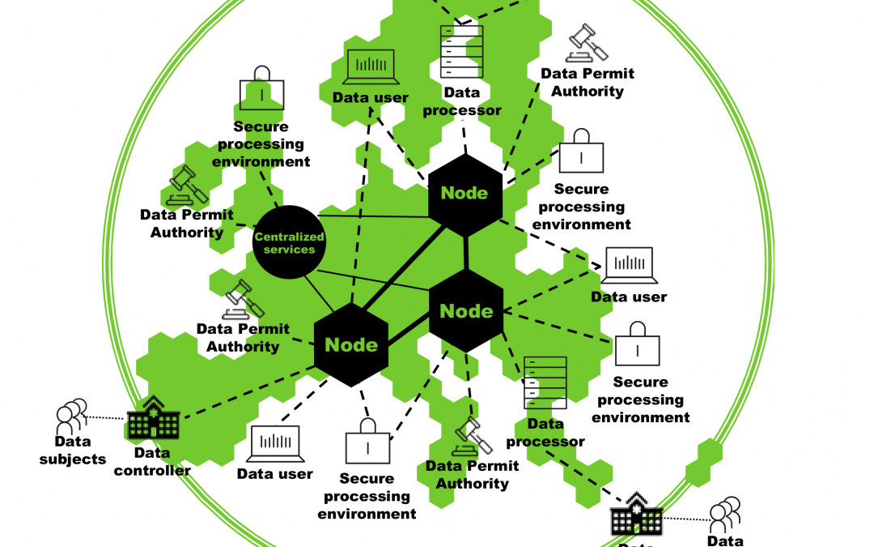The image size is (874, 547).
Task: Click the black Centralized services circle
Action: (x=289, y=242)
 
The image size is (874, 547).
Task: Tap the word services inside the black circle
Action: (x=289, y=250)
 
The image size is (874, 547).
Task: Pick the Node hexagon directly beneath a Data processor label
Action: (x=465, y=192)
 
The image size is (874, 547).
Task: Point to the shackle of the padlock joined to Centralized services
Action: (x=261, y=75)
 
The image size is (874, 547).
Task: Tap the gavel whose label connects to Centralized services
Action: (x=188, y=186)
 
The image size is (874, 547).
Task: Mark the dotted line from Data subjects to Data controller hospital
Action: (x=107, y=418)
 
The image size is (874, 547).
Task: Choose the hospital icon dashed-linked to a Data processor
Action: (x=637, y=515)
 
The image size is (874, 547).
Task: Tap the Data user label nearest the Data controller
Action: (x=275, y=474)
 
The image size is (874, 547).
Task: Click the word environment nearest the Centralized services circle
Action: (x=261, y=161)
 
